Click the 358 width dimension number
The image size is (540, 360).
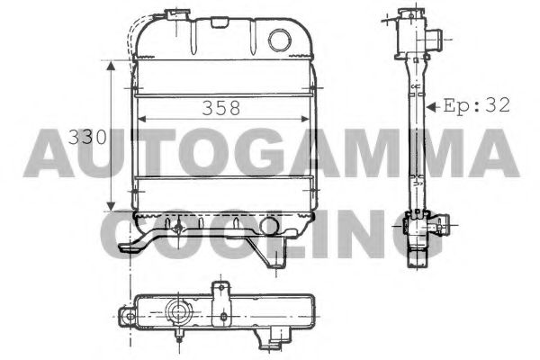[x=220, y=107]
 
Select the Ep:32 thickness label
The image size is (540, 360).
[x=476, y=105]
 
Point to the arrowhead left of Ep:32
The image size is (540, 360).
[x=434, y=105]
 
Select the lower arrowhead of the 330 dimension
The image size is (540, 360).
[x=111, y=205]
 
